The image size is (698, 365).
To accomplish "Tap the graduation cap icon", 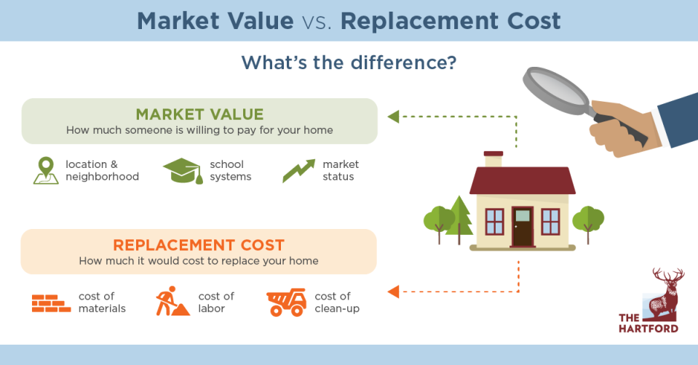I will pyautogui.click(x=181, y=172).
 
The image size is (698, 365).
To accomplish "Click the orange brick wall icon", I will pyautogui.click(x=51, y=302).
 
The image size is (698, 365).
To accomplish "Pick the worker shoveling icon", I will pyautogui.click(x=172, y=302).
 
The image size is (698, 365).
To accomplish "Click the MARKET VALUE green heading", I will pyautogui.click(x=199, y=114).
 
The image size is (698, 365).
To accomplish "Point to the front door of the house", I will pyautogui.click(x=522, y=226).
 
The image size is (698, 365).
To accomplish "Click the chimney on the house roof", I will pyautogui.click(x=493, y=159).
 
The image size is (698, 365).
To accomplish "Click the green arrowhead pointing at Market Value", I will pyautogui.click(x=393, y=116).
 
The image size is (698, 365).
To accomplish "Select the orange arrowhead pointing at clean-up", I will pyautogui.click(x=393, y=292).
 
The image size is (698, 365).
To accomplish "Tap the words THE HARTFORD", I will pyautogui.click(x=648, y=323).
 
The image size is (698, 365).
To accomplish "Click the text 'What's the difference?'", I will pyautogui.click(x=349, y=63).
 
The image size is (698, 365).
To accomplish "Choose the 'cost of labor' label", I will pyautogui.click(x=216, y=302).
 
